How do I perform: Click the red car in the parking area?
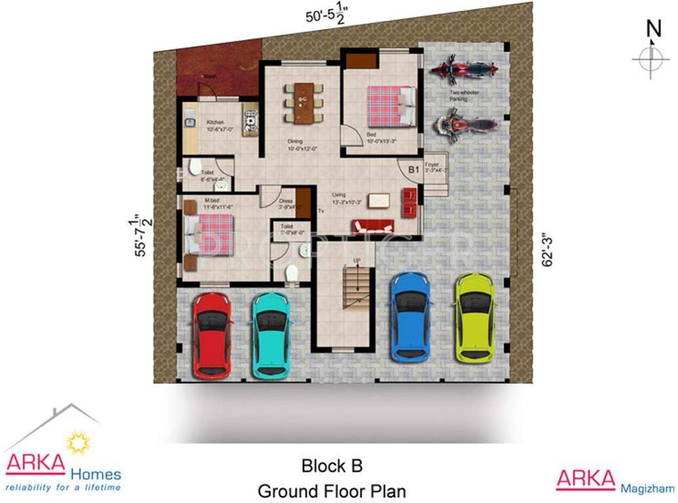click(212, 335)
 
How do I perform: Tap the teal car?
click(271, 335)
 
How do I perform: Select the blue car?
click(409, 318)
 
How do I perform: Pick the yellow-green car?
click(474, 318)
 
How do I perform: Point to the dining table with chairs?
click(303, 103)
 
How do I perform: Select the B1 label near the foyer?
click(413, 170)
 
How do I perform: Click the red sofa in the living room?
click(373, 227)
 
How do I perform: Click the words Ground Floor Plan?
click(331, 491)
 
